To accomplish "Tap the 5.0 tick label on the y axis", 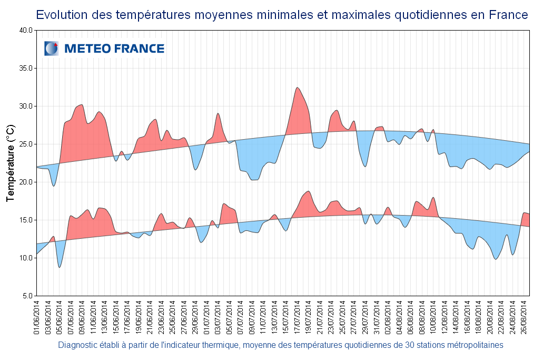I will pos(28,296).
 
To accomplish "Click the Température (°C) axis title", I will pos(11,163).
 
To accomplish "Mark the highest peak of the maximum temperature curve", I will pos(298,87).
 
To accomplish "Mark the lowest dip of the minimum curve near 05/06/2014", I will pos(60,267).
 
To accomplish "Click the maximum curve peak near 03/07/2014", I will pos(218,113).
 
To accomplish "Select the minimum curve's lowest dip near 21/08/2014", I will pos(496,259).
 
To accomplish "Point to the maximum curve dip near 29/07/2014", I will pos(365,167).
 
